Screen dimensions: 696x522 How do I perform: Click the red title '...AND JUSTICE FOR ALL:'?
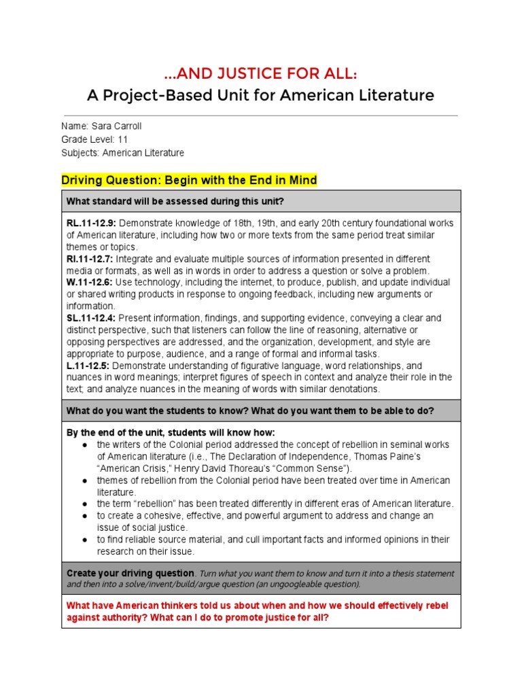260,73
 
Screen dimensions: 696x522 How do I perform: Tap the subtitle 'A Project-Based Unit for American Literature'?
260,95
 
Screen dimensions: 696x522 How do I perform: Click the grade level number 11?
122,139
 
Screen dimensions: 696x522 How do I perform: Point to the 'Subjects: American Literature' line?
122,153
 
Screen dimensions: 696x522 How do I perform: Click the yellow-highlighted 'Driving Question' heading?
189,180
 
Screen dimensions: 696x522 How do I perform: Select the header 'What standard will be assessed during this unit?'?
175,201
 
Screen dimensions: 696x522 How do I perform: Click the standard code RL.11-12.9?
91,223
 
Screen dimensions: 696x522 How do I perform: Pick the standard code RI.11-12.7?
90,259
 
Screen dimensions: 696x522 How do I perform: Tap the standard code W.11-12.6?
90,282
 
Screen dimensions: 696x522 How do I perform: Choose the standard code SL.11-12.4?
91,317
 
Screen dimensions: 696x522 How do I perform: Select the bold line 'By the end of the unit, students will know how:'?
171,433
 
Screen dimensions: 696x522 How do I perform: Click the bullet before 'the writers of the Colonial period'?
83,445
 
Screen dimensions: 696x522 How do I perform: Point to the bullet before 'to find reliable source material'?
83,540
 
